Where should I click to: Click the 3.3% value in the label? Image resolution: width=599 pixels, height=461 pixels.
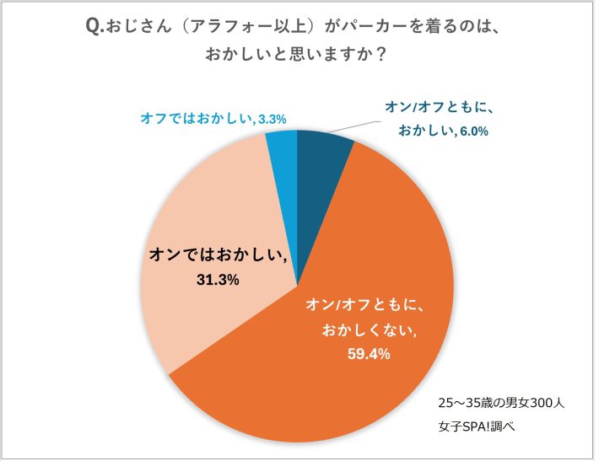tap(273, 119)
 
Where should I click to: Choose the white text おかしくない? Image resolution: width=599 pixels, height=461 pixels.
tap(370, 330)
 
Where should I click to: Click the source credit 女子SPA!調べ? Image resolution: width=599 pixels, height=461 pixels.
tap(477, 426)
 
